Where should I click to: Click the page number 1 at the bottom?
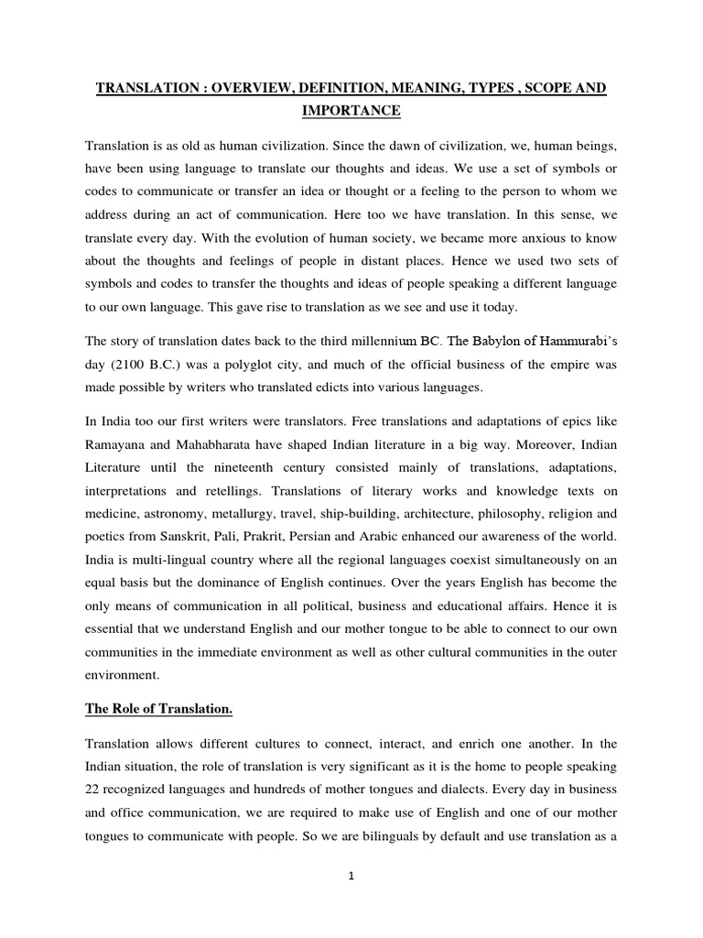tap(351, 875)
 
